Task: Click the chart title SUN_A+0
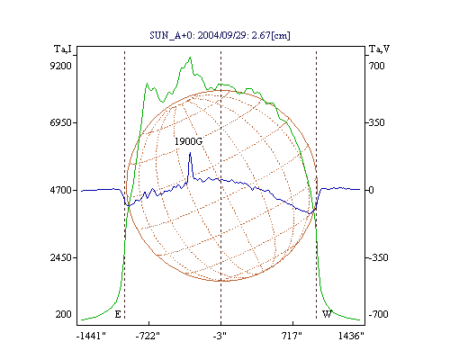(169, 36)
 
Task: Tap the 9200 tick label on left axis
(61, 66)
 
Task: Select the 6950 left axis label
(61, 122)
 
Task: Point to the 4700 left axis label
(61, 190)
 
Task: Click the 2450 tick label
(61, 257)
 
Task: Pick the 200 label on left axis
(64, 314)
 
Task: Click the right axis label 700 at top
(377, 66)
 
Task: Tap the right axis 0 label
(371, 190)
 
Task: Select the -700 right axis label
(379, 314)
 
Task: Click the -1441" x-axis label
(91, 336)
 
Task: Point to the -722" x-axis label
(148, 336)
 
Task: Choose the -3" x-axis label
(220, 336)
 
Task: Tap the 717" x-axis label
(292, 336)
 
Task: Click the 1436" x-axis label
(351, 336)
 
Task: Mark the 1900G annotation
(189, 141)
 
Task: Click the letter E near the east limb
(118, 314)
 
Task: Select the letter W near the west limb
(327, 314)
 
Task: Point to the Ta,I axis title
(63, 49)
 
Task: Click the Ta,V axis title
(379, 49)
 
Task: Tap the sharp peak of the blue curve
(190, 153)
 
